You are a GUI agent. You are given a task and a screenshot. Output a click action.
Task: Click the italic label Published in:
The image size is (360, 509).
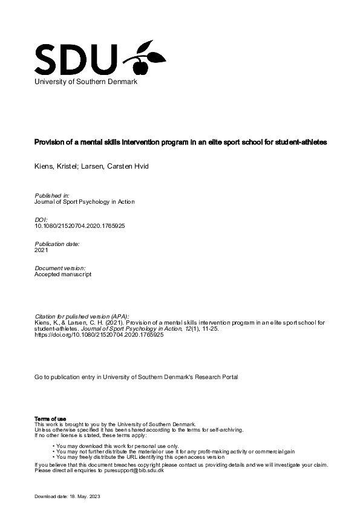click(53, 196)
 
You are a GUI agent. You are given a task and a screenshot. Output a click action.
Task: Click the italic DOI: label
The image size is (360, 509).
click(42, 220)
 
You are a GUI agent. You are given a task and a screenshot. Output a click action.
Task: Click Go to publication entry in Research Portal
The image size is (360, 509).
click(137, 377)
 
